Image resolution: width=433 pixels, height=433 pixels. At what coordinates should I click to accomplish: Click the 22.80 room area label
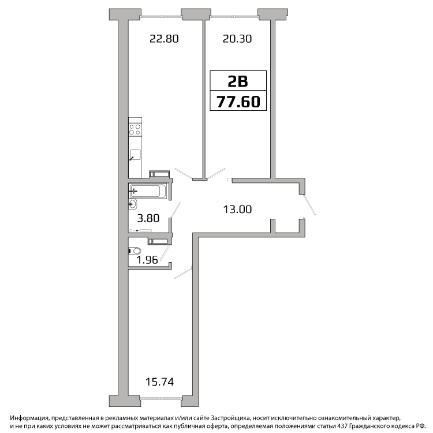164,39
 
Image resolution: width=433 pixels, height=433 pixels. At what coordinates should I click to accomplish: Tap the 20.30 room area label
237,39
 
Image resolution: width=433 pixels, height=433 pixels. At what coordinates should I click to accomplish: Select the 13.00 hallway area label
237,210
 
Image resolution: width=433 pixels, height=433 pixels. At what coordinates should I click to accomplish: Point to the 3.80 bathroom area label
148,218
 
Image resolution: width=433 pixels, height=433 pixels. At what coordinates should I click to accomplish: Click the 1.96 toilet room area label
147,260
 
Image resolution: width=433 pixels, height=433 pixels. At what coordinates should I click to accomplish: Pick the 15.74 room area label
159,382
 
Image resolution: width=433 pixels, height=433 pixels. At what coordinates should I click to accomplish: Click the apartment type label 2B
238,81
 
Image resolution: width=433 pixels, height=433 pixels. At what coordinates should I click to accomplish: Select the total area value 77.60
238,102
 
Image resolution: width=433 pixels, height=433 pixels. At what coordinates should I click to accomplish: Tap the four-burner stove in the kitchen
135,129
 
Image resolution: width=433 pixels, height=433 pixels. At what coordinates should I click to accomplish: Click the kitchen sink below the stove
135,155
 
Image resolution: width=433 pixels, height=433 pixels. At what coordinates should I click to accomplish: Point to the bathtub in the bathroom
147,191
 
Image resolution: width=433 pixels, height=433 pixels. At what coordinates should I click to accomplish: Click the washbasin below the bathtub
133,204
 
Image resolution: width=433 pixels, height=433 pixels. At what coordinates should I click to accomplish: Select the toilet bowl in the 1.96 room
135,251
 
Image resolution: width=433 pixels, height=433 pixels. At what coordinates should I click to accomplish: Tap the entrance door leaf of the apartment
309,204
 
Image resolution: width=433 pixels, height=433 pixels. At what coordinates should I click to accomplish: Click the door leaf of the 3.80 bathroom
176,210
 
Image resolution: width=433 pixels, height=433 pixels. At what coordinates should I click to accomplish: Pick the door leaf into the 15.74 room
183,273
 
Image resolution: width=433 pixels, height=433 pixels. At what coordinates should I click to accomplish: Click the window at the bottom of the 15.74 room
160,398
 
